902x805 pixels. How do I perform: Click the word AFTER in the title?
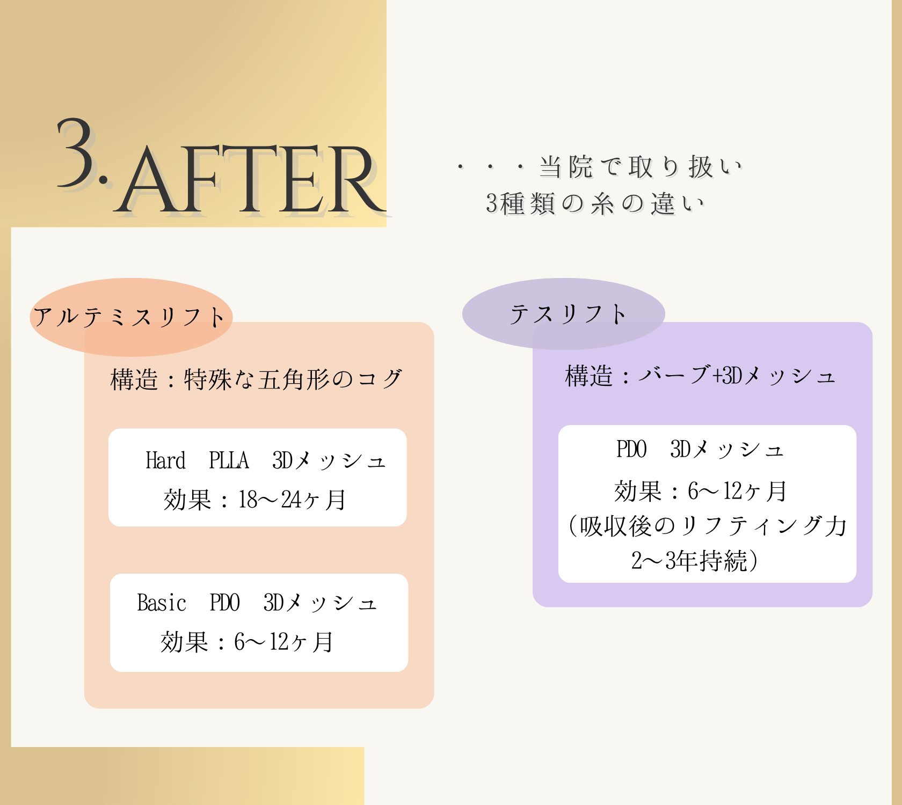pyautogui.click(x=250, y=180)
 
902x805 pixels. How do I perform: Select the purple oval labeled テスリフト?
pyautogui.click(x=564, y=314)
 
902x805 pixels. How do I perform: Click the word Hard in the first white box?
pyautogui.click(x=165, y=460)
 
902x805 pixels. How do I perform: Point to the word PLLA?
pyautogui.click(x=229, y=460)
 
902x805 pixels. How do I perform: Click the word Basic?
pyautogui.click(x=161, y=603)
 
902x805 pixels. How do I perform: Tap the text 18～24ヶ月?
pyautogui.click(x=292, y=500)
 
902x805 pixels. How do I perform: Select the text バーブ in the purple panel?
pyautogui.click(x=674, y=376)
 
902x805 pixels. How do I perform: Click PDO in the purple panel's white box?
pyautogui.click(x=631, y=449)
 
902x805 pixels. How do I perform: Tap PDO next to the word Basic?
pyautogui.click(x=224, y=603)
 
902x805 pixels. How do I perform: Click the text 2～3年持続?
pyautogui.click(x=689, y=561)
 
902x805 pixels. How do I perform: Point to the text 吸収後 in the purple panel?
pyautogui.click(x=615, y=526)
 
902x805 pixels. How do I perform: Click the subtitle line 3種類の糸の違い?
pyautogui.click(x=595, y=204)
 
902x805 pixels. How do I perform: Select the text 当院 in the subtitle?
pyautogui.click(x=566, y=167)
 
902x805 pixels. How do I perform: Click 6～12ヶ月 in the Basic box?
pyautogui.click(x=283, y=642)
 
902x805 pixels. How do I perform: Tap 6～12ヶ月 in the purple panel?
pyautogui.click(x=737, y=491)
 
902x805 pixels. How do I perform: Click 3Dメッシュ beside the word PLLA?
pyautogui.click(x=329, y=460)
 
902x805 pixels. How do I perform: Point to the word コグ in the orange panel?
pyautogui.click(x=380, y=379)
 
